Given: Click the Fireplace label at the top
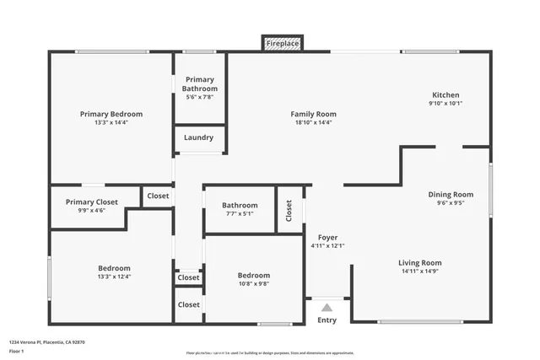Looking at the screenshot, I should [x=282, y=43].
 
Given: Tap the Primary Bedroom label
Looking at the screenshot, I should [x=111, y=114].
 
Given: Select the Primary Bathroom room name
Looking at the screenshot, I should [x=200, y=84].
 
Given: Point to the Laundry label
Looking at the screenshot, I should [x=199, y=137].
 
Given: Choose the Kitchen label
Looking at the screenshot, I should [x=445, y=95].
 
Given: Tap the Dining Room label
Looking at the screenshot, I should [x=451, y=194].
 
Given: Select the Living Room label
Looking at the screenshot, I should [x=420, y=263].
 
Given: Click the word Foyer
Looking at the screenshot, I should [x=327, y=237].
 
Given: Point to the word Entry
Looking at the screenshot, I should [x=327, y=320].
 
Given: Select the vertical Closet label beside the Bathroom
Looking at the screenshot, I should [x=289, y=209].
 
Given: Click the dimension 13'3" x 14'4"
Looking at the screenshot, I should [x=111, y=122].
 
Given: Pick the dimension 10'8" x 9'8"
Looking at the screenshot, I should [x=253, y=284].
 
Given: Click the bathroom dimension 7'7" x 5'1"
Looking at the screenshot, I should [x=240, y=213].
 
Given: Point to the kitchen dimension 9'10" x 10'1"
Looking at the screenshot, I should [x=445, y=104].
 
